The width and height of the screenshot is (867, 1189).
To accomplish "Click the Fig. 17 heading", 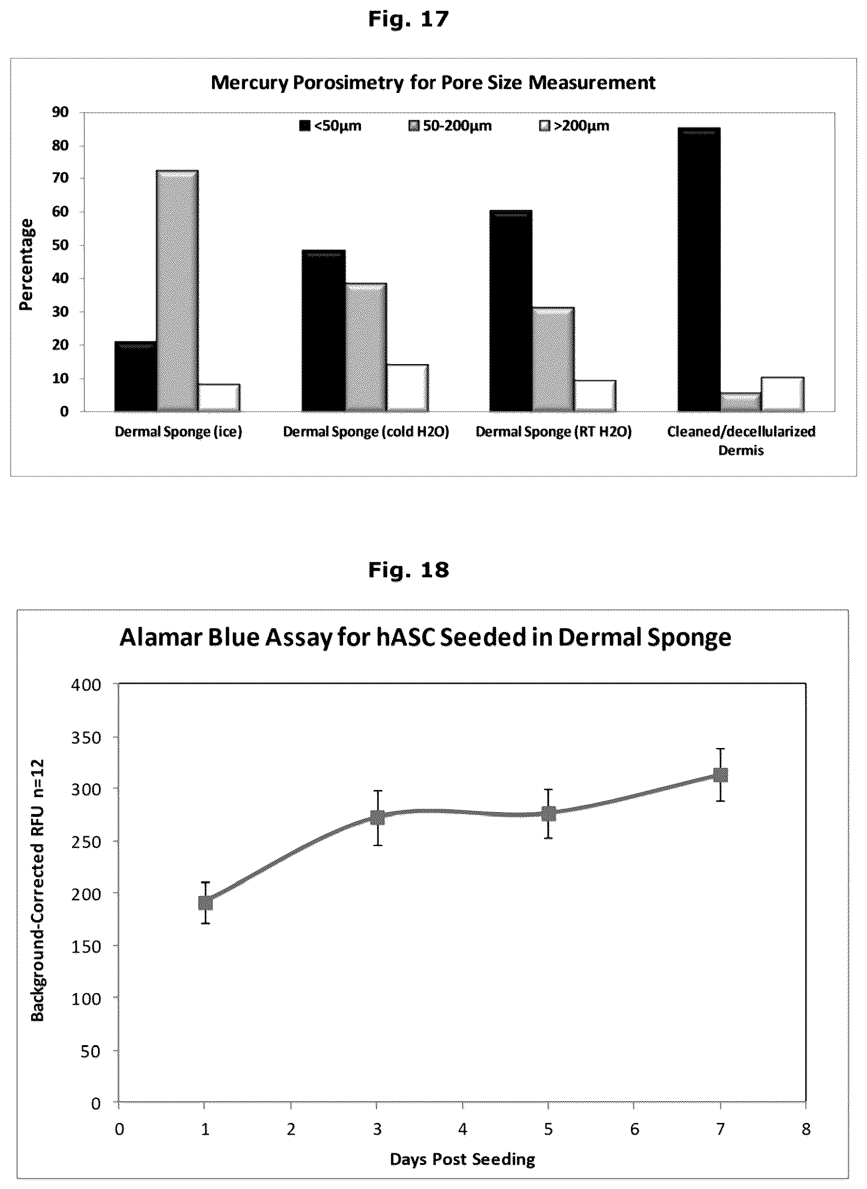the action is pos(409,19).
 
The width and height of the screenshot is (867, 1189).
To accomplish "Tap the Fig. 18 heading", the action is pos(409,570).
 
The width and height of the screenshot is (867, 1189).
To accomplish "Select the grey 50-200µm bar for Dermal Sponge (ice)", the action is pos(177,291).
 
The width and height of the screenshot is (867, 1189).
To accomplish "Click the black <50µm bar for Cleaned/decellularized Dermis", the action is pos(699,269).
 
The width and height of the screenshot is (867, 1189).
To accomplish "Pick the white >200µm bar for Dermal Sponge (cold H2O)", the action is pos(408,388).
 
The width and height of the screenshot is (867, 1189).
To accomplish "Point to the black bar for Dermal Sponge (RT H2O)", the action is pos(511,311).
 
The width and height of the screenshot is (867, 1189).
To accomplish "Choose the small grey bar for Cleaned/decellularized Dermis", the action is pos(741,402).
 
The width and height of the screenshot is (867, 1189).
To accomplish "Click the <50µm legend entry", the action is pos(330,126).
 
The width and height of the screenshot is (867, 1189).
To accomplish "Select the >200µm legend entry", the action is pos(574,126).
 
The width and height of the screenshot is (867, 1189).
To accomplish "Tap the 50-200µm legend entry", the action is pos(450,126).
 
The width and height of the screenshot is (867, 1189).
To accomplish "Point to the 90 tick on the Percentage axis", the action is pos(60,112).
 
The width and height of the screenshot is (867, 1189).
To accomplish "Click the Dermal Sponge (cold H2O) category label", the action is pos(366,432).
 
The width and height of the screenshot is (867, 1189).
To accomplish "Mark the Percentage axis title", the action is pos(26,265).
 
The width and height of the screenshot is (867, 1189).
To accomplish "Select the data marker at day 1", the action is pos(205,903).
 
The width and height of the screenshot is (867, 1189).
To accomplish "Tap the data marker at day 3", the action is pos(377,817).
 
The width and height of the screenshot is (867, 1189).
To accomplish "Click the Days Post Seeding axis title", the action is pos(462,1159).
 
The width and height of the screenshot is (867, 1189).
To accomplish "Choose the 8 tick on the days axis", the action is pos(806,1129).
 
